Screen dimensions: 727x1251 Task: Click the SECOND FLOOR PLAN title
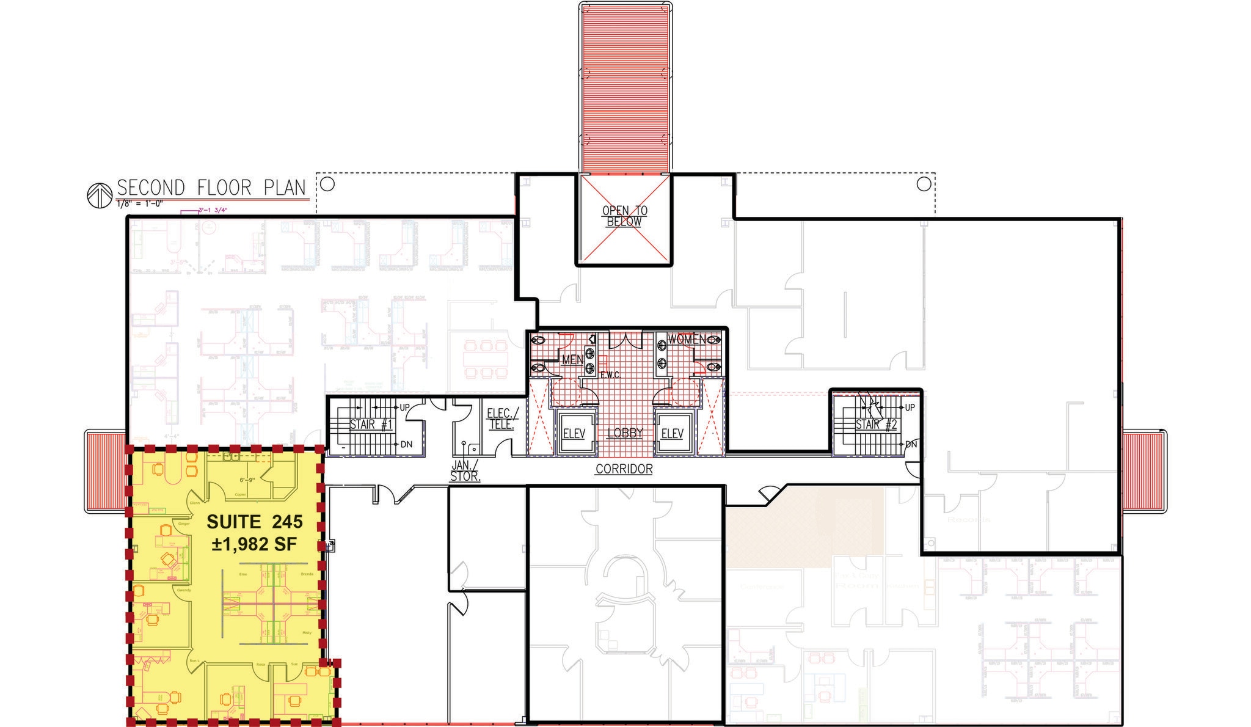[x=211, y=188]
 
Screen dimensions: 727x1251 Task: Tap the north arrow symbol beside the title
[x=98, y=196]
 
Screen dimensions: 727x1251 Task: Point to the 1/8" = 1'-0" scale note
[x=139, y=204]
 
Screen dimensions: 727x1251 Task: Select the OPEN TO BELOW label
[x=624, y=216]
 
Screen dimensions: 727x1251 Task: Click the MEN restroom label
[x=572, y=360]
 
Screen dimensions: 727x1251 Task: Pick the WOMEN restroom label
[x=687, y=339]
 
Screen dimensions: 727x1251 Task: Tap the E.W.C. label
[x=610, y=375]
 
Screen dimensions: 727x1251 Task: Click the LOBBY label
[x=625, y=433]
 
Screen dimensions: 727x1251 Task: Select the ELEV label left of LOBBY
[x=574, y=434]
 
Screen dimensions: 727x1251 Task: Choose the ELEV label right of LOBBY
[x=672, y=434]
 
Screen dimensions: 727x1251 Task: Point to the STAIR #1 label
[x=371, y=425]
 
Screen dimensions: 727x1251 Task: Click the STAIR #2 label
[x=876, y=425]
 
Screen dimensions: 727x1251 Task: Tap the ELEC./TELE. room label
[x=502, y=419]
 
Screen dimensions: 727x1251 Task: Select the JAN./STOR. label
[x=465, y=472]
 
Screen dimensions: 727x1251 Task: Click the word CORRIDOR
[x=624, y=469]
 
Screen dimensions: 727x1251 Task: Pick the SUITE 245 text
[x=254, y=522]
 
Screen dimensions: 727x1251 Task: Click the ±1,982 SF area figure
[x=254, y=544]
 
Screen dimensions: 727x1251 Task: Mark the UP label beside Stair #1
[x=404, y=407]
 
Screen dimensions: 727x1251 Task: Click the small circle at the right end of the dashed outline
[x=924, y=184]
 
